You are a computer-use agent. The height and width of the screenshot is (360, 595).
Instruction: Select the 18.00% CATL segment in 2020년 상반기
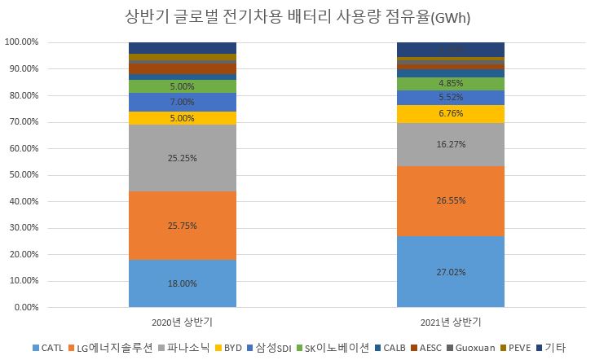(183, 283)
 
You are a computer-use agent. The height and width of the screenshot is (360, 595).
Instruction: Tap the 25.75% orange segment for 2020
(183, 226)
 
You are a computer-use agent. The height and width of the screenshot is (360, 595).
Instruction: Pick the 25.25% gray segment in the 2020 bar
(183, 158)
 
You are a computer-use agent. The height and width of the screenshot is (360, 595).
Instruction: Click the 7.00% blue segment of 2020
(183, 102)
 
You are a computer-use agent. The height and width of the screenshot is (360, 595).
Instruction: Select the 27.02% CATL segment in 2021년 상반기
(450, 272)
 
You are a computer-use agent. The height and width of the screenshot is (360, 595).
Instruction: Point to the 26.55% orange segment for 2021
(450, 201)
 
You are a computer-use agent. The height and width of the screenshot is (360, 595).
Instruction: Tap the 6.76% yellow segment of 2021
(450, 114)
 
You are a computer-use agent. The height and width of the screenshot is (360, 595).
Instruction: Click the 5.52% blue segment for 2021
(450, 98)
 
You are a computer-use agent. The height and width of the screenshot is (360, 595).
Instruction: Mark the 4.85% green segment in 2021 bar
(450, 84)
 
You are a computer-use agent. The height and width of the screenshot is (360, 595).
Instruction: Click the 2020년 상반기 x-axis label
(183, 321)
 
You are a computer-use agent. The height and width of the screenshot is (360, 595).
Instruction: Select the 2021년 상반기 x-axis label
(450, 321)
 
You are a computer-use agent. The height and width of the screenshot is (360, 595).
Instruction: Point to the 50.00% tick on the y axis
(22, 175)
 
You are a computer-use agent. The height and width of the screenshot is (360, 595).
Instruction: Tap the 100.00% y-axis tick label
(20, 42)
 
